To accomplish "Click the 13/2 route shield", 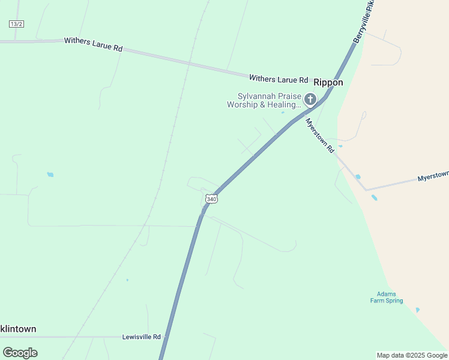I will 16,23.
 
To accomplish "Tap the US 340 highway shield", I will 210,198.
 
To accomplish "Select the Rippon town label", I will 328,83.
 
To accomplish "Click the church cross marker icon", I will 310,99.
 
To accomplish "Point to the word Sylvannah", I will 256,96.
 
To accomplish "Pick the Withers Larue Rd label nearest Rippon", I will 279,79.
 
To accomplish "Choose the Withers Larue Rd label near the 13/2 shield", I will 93,44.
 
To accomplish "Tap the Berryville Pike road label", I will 363,22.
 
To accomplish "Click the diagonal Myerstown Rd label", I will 319,136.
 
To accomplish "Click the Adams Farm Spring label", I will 387,298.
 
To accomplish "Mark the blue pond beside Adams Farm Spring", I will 418,310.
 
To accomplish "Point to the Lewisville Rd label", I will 141,337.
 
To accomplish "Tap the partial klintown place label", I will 18,329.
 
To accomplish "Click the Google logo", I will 20,353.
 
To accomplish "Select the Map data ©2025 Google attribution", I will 412,355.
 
